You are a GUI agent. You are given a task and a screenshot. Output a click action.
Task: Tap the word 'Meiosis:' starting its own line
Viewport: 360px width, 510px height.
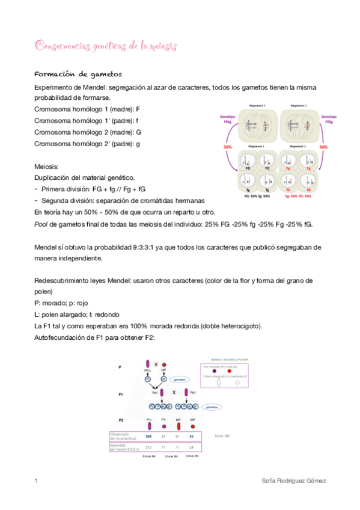pos(48,167)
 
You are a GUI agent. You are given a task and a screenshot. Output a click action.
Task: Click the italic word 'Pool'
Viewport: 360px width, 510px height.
pos(42,224)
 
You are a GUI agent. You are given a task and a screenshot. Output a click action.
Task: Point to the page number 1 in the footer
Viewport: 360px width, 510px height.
pos(36,482)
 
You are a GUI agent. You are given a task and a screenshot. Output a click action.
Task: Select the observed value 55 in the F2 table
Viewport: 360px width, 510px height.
pos(192,436)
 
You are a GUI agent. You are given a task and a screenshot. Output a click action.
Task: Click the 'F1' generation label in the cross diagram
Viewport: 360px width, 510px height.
pos(120,395)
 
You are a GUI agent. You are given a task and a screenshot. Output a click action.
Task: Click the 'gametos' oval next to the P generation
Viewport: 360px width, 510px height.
pos(179,379)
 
